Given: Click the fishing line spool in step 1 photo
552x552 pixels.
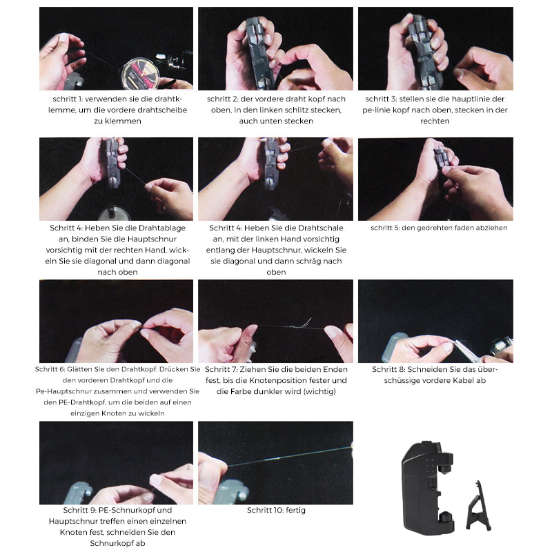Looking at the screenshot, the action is [141, 74].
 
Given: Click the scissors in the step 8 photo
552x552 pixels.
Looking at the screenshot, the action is [469, 351].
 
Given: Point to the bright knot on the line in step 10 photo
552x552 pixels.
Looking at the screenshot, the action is [272, 459].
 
